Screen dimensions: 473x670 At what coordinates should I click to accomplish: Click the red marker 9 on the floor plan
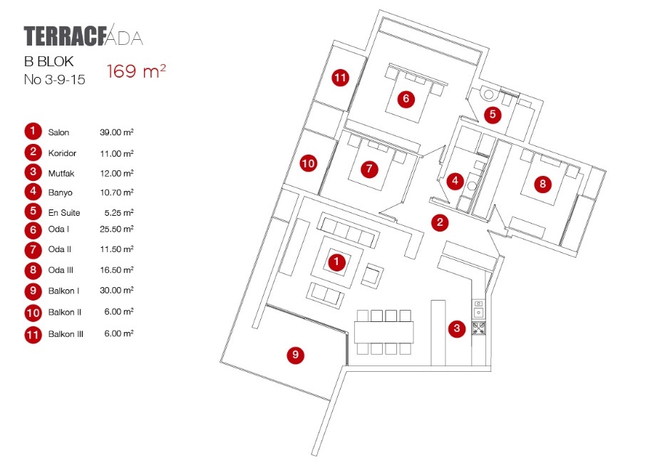pos(295,355)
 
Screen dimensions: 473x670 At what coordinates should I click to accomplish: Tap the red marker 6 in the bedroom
pos(406,98)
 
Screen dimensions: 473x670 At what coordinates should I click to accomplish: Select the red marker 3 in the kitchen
pos(457,328)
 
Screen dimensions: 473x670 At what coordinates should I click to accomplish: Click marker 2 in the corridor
pos(440,222)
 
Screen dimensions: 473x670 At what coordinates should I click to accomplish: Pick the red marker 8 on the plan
pos(543,184)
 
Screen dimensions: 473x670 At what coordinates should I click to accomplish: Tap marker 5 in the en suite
pos(492,114)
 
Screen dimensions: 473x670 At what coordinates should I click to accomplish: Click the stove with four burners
pos(480,328)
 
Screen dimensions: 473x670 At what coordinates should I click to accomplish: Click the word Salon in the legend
pos(58,132)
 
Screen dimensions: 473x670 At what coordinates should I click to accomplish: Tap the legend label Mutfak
pos(61,173)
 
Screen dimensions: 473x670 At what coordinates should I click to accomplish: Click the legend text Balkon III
pos(66,333)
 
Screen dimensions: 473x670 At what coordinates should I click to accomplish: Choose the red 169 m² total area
pos(136,72)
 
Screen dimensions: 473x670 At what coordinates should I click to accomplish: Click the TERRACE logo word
pos(64,36)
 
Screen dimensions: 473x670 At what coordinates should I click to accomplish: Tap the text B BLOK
pos(49,62)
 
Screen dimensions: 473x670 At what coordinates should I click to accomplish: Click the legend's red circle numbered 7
pos(33,251)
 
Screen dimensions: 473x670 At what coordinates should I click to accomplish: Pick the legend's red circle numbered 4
pos(33,192)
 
